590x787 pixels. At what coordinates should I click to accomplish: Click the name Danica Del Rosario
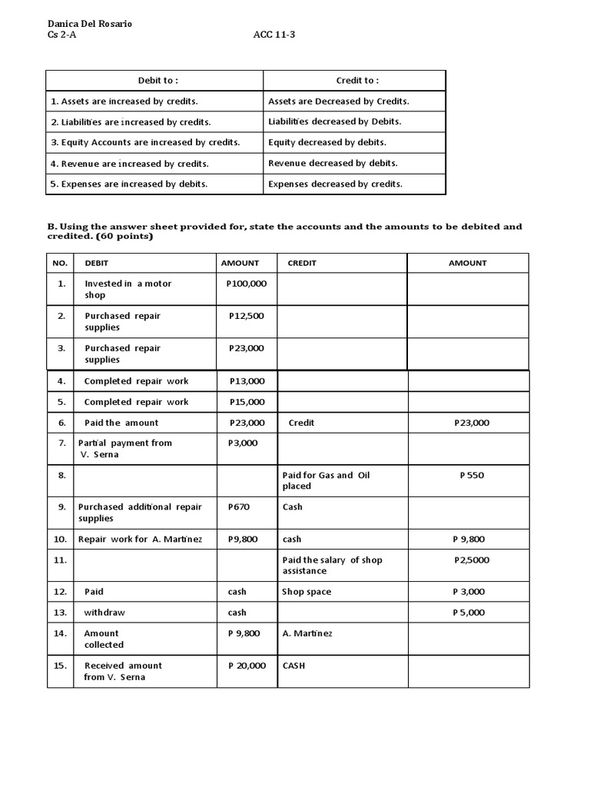[90, 24]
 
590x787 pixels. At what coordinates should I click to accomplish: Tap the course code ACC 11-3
[274, 35]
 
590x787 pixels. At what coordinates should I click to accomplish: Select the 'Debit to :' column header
[157, 81]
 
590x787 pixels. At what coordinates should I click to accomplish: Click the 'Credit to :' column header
[357, 81]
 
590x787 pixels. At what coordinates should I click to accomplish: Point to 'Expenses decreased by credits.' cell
[335, 184]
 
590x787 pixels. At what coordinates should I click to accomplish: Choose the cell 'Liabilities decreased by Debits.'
[335, 122]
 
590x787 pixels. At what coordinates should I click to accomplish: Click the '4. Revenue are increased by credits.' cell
[130, 164]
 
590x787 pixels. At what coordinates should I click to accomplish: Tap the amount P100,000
[247, 284]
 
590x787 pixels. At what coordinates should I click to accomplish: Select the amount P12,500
[247, 316]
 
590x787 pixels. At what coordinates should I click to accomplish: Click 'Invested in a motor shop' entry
[128, 289]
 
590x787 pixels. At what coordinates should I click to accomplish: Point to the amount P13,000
[247, 381]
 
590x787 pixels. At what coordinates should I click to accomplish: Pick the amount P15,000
[247, 402]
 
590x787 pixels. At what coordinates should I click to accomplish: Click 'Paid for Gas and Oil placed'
[326, 480]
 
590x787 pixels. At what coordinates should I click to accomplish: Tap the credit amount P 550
[472, 476]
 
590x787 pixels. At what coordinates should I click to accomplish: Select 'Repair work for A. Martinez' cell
[140, 540]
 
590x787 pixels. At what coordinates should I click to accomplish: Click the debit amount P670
[239, 507]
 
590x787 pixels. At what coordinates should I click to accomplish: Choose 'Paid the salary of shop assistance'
[332, 565]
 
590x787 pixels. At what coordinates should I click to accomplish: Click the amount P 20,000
[247, 666]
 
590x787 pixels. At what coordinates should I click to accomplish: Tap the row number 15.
[61, 666]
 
